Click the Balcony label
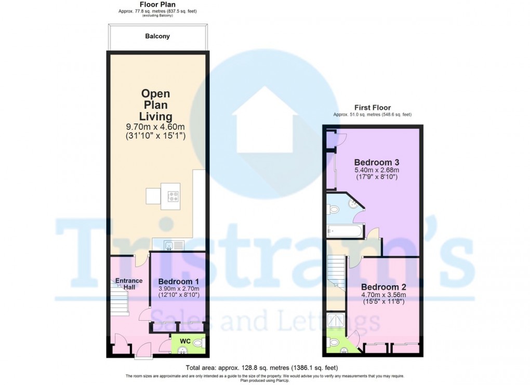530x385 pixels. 157,36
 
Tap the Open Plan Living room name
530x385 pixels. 156,105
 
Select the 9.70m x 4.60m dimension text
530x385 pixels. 156,127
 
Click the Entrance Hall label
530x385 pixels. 128,284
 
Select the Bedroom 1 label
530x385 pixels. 179,281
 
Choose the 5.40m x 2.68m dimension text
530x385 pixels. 376,170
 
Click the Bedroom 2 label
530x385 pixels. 383,287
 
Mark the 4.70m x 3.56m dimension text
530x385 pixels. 383,295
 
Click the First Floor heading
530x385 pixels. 373,107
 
